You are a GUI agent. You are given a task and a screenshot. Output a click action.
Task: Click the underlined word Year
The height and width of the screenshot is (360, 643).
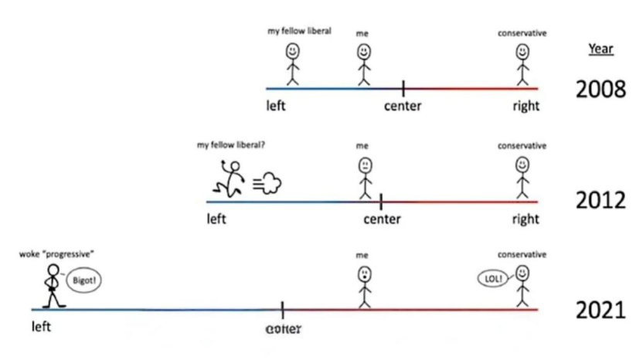pos(601,48)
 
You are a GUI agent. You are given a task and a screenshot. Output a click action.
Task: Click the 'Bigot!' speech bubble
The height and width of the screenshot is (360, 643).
pos(84,281)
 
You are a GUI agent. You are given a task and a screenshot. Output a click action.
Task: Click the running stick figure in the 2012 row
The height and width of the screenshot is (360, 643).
pos(230,180)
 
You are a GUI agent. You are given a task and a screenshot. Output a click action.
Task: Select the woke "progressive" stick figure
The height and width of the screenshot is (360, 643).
pos(53,285)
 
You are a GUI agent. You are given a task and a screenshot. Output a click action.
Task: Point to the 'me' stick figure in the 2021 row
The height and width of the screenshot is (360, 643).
pos(363,286)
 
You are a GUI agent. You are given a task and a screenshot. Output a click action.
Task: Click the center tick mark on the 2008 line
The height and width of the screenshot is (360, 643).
pos(403,88)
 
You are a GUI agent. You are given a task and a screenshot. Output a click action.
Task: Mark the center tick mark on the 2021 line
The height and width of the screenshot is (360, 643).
pos(283,309)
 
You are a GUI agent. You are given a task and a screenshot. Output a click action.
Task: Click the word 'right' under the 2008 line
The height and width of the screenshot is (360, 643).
pos(526,107)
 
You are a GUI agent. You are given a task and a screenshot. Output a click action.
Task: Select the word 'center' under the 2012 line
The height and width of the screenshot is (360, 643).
pos(382,219)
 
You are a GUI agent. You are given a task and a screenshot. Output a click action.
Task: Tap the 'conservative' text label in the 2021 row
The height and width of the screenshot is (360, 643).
pos(522,254)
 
